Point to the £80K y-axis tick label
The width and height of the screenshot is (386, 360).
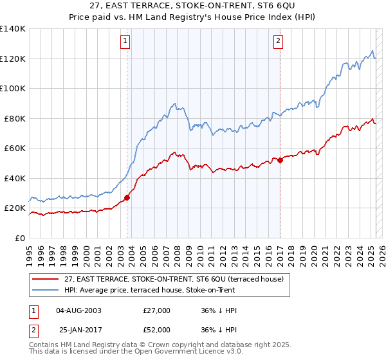coord(15,118)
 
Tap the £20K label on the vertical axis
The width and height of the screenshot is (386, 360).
coord(15,208)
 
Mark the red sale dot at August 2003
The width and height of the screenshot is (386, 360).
coord(127,197)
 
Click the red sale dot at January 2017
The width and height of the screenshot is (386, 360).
coord(280,161)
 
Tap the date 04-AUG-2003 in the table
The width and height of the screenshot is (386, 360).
coord(79,310)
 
